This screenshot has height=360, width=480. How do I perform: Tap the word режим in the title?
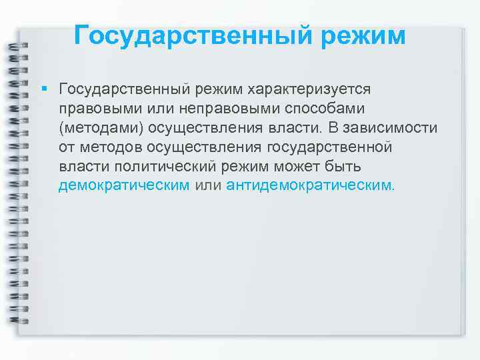[363, 35]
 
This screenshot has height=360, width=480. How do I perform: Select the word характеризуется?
[310, 89]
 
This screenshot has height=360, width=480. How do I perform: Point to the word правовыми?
[92, 109]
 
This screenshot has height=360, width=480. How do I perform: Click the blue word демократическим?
[124, 185]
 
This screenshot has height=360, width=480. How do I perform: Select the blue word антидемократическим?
[309, 185]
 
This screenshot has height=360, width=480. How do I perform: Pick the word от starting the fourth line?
[65, 147]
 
